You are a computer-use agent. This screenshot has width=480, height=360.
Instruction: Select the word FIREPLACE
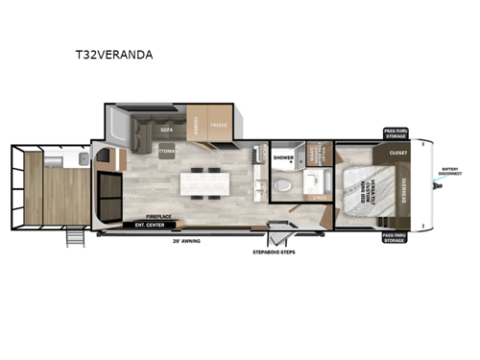point(158,218)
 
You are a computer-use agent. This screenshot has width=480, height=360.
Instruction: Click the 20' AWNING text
point(187,241)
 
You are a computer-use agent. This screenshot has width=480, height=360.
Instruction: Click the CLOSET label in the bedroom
point(398,153)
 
